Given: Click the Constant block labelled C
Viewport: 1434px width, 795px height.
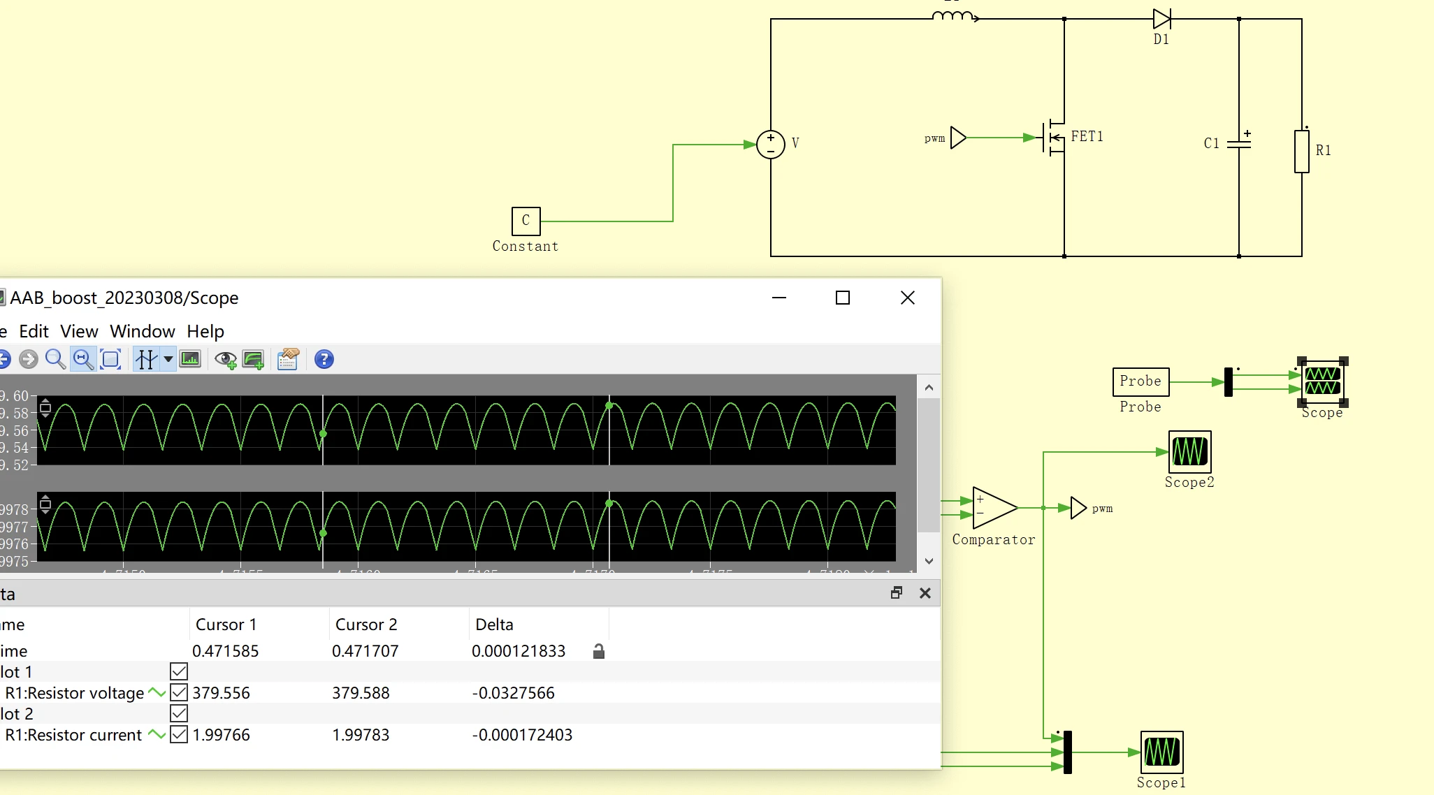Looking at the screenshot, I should point(526,221).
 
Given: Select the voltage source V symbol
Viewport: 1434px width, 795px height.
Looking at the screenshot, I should point(771,145).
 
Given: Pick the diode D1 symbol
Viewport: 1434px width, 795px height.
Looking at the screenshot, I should point(1161,19).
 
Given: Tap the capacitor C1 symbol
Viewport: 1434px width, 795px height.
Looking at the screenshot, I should point(1239,143).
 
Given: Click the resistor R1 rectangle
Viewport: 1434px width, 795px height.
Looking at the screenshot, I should point(1301,151).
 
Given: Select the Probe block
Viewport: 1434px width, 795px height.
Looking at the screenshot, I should point(1140,381).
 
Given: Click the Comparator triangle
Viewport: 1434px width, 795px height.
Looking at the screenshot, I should point(993,509).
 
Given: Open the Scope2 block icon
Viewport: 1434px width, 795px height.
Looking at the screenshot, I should point(1189,451).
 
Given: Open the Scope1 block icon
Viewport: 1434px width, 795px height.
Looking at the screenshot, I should point(1161,752).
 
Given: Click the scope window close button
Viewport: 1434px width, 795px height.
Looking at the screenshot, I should point(908,298).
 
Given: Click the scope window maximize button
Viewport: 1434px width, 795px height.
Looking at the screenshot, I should point(843,298).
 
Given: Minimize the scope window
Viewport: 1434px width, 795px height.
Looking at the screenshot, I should point(779,298).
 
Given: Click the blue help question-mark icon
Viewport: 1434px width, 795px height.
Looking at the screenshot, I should point(324,360).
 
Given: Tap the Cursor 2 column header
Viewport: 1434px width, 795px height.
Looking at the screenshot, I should point(366,625).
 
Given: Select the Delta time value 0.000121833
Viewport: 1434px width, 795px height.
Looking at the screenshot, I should point(518,651).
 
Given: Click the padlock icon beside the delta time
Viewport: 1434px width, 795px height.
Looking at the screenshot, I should point(598,652).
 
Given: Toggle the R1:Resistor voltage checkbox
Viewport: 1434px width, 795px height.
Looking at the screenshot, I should point(179,693).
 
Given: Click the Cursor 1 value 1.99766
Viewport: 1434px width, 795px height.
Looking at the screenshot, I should point(221,735).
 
